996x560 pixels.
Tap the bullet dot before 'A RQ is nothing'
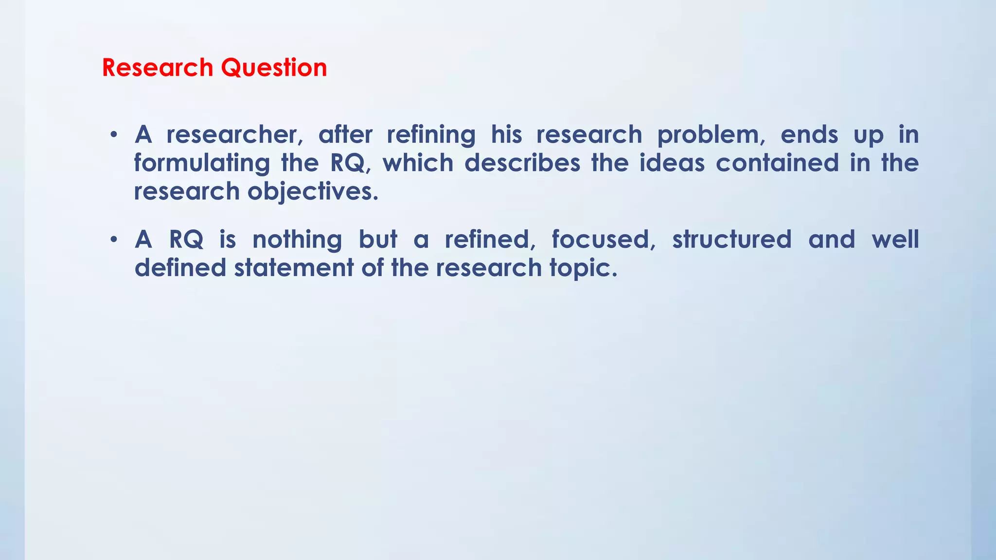(113, 239)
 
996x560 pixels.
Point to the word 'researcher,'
(235, 135)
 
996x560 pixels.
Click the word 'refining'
(431, 135)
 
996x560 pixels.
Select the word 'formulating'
(202, 163)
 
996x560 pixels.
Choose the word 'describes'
(522, 163)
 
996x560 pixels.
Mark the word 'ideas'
(672, 163)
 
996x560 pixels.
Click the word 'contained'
(777, 163)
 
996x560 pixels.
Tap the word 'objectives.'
(313, 192)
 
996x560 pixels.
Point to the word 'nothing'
(297, 240)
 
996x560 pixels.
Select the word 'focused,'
(604, 240)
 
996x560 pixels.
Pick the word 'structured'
(732, 240)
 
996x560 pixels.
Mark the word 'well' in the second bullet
(895, 240)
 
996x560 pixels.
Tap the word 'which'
(418, 163)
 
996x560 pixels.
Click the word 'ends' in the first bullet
(809, 135)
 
